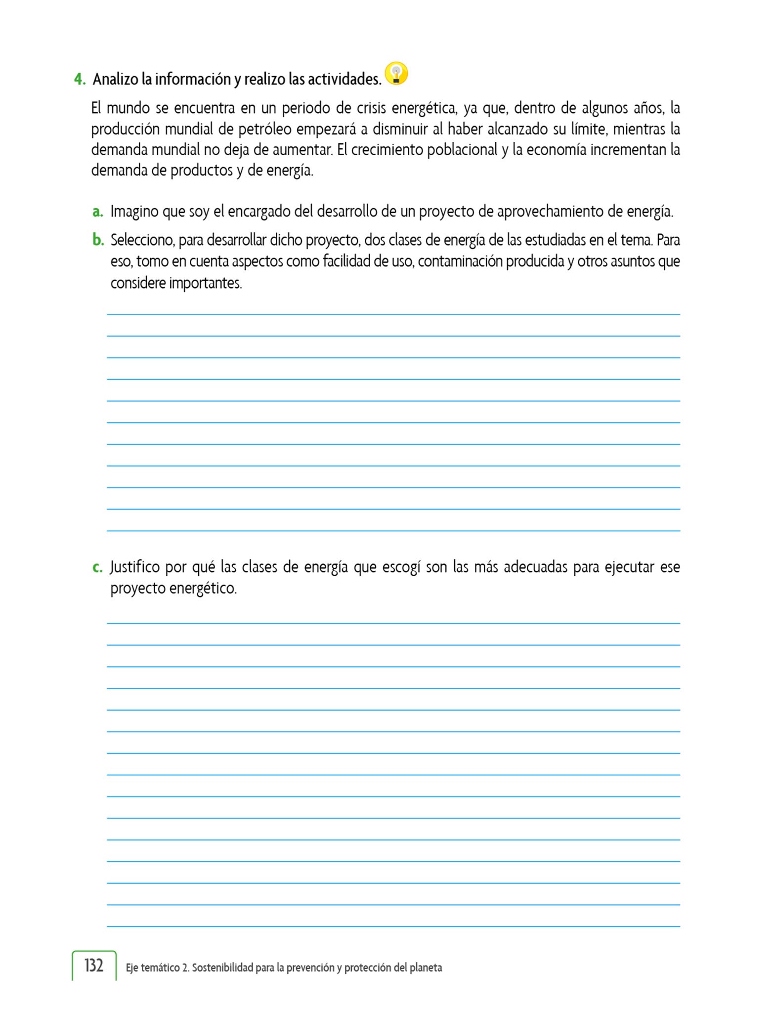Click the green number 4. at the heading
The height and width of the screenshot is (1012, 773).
80,79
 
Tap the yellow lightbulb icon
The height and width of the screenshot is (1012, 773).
396,74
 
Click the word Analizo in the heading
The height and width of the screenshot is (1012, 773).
115,79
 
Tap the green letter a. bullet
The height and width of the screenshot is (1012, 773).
97,212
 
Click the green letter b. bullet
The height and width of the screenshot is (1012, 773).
98,240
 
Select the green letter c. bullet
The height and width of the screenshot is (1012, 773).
97,567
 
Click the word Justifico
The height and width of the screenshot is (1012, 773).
134,567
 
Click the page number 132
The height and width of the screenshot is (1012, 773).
94,966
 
